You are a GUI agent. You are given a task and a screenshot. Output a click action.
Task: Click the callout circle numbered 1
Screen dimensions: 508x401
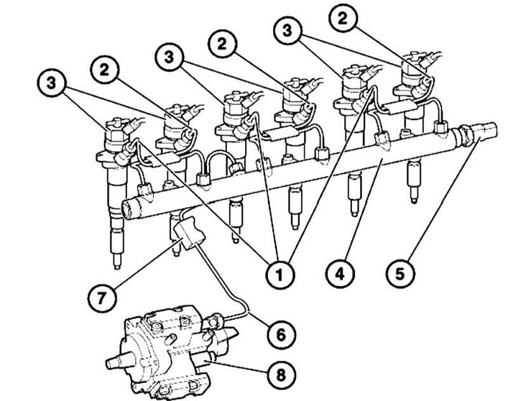click(x=280, y=275)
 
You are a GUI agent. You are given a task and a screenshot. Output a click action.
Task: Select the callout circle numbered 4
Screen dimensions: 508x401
click(x=340, y=275)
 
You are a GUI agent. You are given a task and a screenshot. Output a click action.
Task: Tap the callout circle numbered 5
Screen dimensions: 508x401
click(x=400, y=274)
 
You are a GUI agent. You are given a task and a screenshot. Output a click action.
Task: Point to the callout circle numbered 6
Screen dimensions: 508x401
click(x=281, y=334)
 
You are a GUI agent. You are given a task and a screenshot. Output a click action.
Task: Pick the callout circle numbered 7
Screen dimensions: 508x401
click(x=102, y=298)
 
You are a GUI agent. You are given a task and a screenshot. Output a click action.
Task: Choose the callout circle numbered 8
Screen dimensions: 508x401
click(x=281, y=374)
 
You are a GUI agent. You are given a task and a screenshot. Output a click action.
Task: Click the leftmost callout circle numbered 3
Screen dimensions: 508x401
click(x=52, y=83)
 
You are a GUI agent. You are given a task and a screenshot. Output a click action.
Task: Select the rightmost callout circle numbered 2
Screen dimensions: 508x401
click(x=343, y=19)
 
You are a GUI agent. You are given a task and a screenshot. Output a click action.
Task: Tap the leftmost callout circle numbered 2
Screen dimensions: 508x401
click(x=105, y=70)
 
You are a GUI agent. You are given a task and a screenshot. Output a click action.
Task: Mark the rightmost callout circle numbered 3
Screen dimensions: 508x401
click(x=287, y=30)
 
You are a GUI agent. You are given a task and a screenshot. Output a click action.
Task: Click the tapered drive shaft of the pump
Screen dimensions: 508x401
click(x=120, y=360)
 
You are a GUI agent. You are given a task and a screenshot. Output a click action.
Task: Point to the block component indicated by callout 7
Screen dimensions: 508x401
click(x=189, y=233)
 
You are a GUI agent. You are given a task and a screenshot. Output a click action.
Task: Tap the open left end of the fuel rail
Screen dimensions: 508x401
click(x=131, y=208)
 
